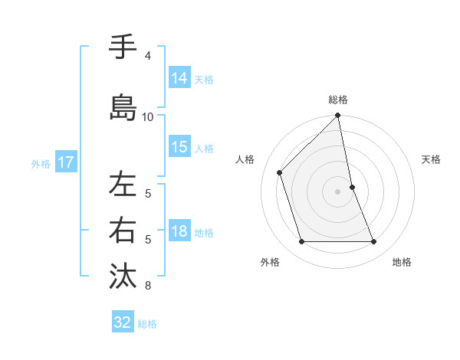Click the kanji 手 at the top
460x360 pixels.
[123, 47]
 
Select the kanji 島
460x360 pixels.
[123, 108]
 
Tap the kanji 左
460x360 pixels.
[123, 185]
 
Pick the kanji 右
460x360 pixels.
[123, 230]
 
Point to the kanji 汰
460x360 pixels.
[123, 276]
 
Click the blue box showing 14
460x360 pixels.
[179, 77]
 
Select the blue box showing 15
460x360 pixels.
[179, 147]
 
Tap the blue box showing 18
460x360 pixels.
[179, 231]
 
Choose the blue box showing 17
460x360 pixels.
[66, 162]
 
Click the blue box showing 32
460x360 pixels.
[123, 322]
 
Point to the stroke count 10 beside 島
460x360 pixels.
[148, 116]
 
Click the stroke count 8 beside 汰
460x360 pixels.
[148, 286]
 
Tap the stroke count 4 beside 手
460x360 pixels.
[148, 56]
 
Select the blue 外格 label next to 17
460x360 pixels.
[41, 163]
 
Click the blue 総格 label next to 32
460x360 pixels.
[147, 323]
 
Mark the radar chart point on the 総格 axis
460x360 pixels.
[338, 116]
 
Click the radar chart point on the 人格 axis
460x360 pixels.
[280, 172]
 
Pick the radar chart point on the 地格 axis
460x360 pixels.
[374, 242]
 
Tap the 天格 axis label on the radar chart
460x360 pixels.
[431, 159]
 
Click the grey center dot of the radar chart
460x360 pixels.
[338, 191]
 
